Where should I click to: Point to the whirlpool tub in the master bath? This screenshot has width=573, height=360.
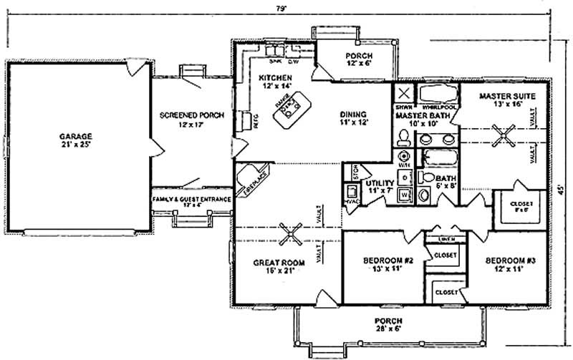point(437,96)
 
